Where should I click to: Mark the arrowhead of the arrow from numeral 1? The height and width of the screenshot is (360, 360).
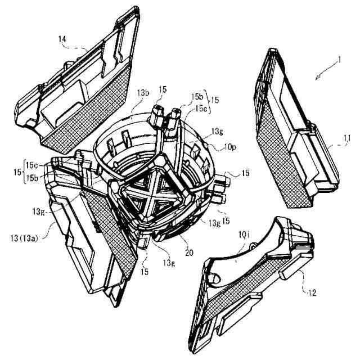316,82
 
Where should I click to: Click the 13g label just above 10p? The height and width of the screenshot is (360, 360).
216,131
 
